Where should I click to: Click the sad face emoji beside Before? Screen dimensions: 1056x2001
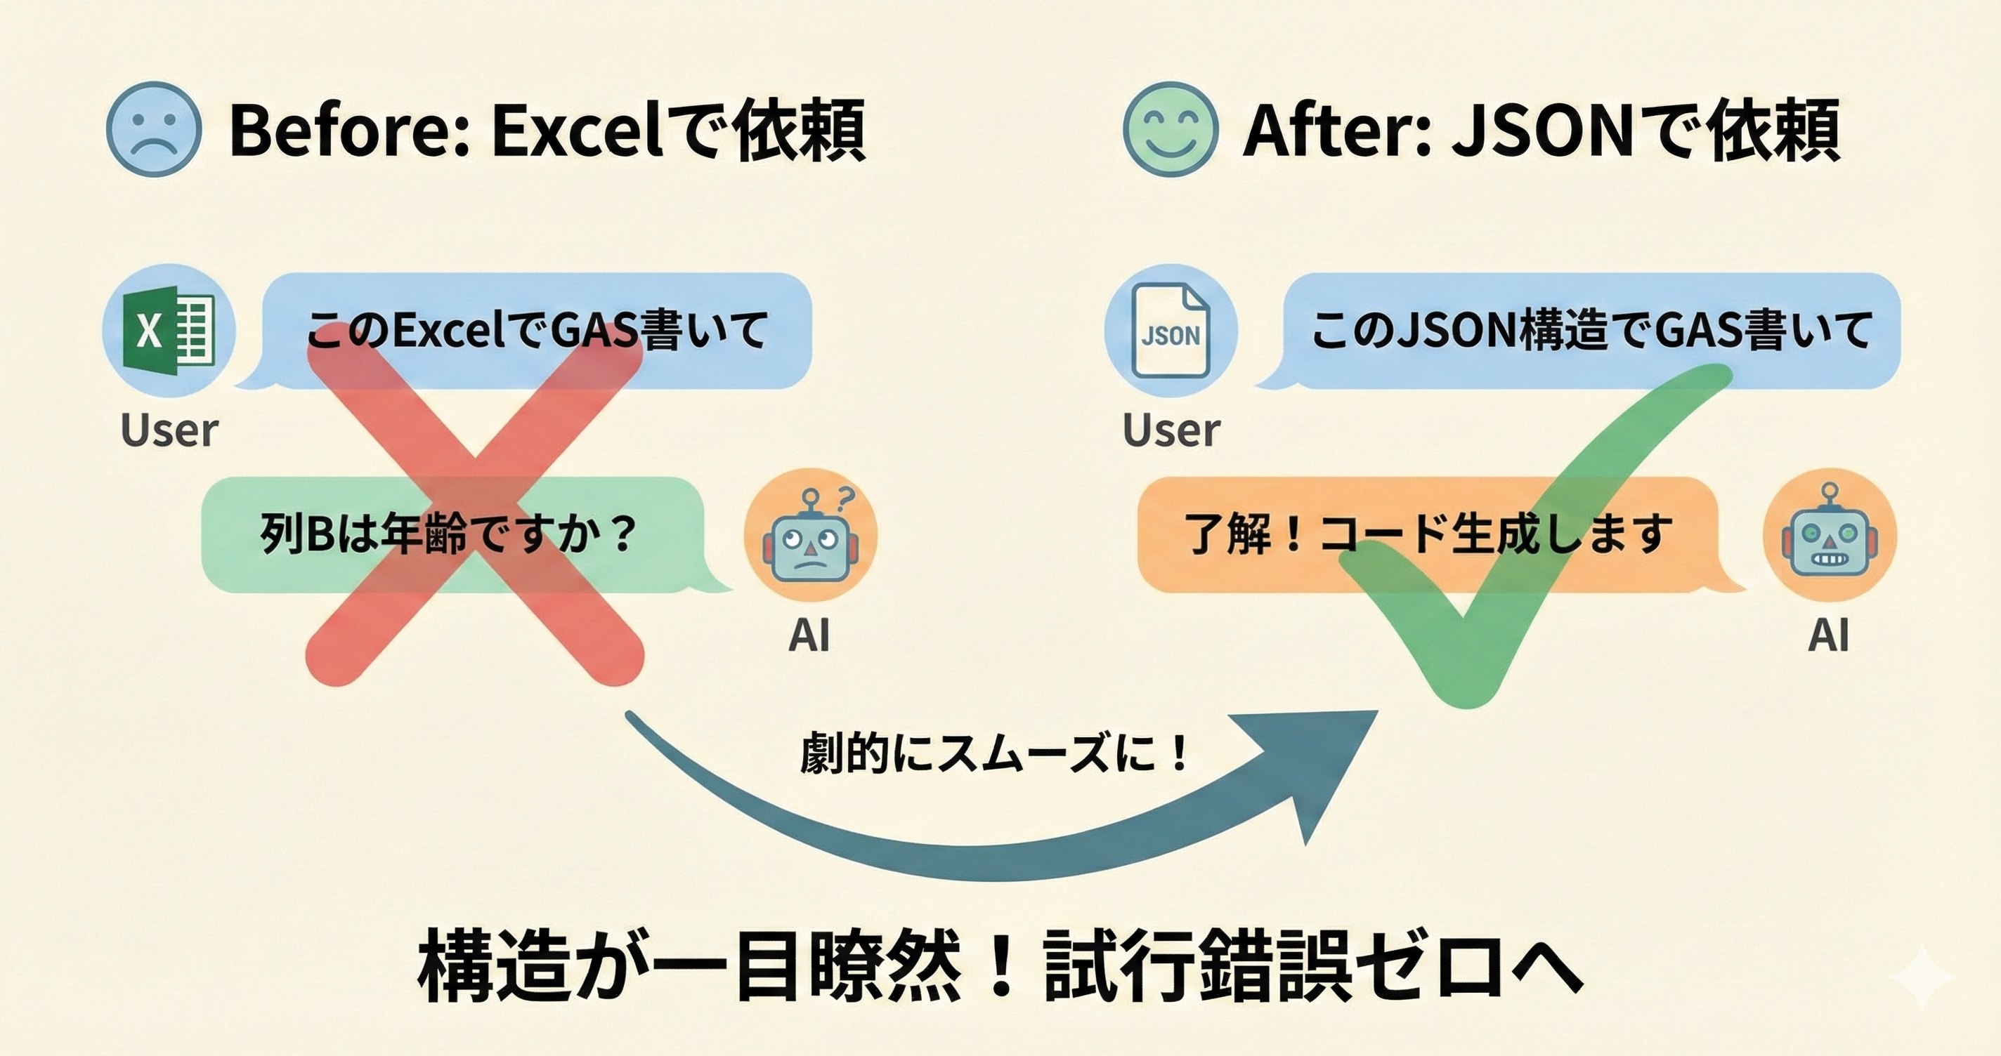coord(154,129)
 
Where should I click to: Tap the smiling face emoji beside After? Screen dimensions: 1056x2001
coord(1171,129)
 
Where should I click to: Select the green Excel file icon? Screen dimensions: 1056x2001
coord(168,331)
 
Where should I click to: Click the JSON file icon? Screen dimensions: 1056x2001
coord(1171,331)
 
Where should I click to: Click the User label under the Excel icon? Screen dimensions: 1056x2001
coord(169,430)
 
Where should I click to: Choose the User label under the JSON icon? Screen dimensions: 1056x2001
coord(1171,430)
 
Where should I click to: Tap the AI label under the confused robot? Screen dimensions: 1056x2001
coord(809,635)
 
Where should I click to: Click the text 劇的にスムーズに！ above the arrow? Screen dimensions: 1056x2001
coord(994,753)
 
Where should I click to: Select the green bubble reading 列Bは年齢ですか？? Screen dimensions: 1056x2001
coord(450,535)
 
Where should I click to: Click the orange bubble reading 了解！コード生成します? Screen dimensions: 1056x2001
coord(1429,535)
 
